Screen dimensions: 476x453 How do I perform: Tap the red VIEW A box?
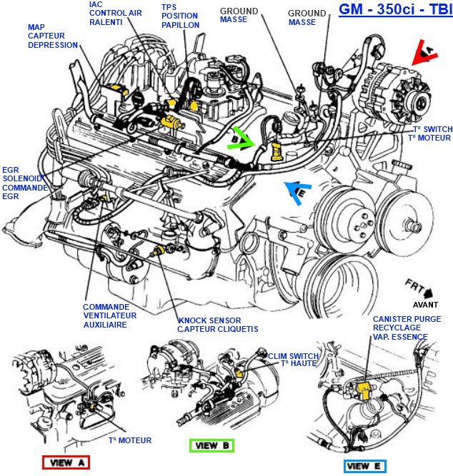click(x=65, y=462)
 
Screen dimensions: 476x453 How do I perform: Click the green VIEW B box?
click(x=211, y=445)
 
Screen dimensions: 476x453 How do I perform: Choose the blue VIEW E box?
click(x=364, y=466)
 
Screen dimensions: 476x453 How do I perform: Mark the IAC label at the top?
click(x=96, y=4)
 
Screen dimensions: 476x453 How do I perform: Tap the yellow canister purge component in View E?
click(x=365, y=389)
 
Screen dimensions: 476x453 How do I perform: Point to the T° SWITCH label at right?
click(x=430, y=128)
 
